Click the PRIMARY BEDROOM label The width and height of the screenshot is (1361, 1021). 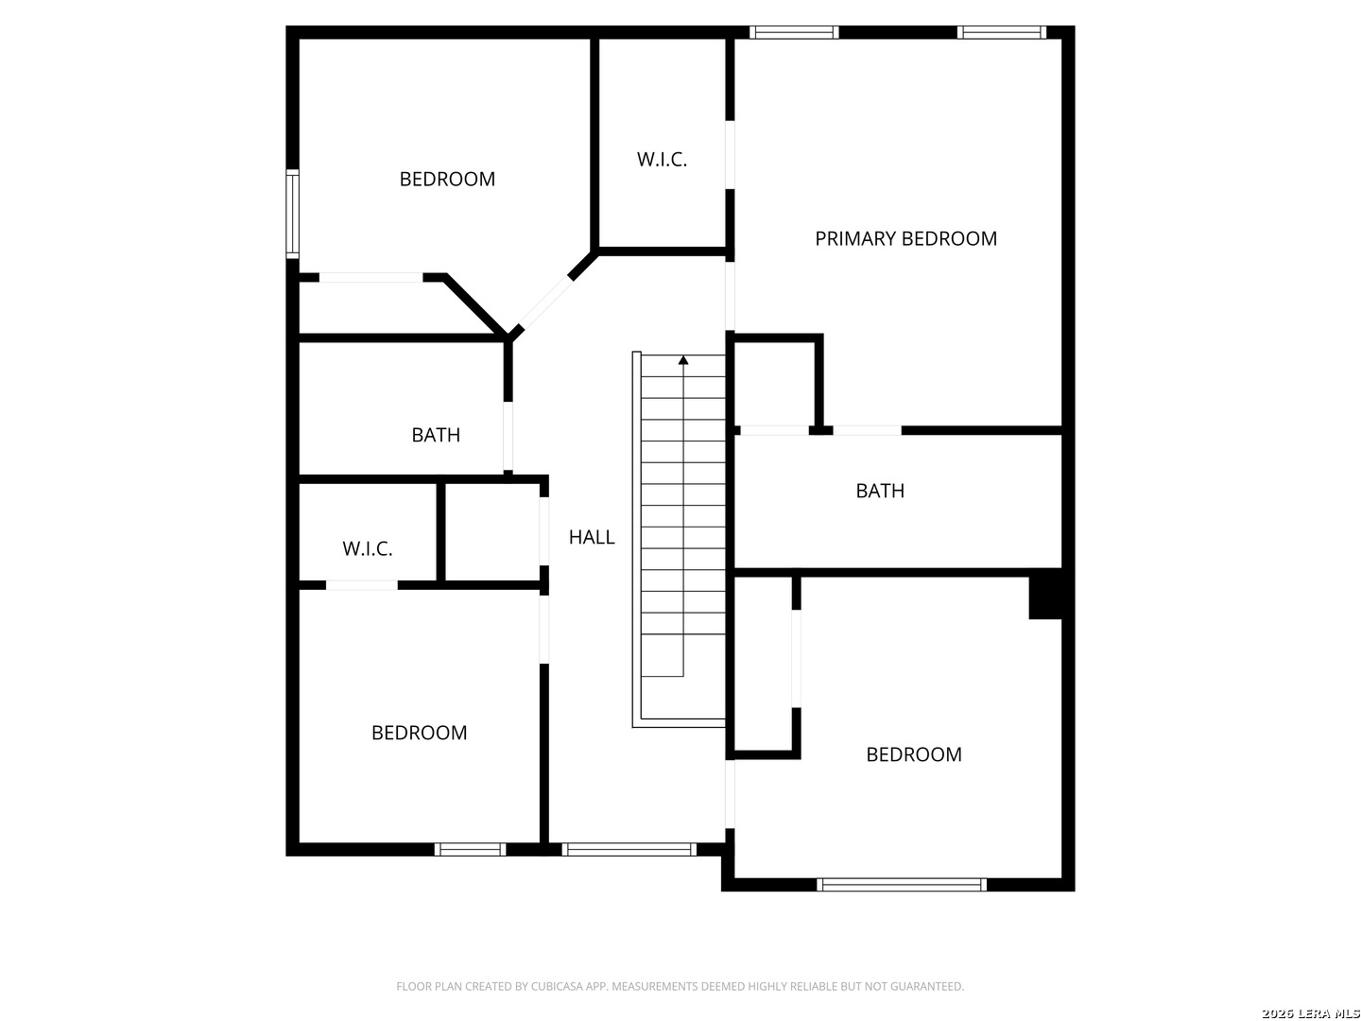905,238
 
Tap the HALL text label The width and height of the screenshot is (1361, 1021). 592,537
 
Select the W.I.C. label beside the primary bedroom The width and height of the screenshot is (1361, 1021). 662,160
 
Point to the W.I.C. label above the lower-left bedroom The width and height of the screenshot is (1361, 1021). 367,548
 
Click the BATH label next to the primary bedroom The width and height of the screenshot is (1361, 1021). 880,491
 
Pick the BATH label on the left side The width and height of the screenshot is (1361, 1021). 436,435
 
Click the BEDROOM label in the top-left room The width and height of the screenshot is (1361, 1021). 447,180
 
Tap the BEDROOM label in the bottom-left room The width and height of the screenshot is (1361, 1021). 419,733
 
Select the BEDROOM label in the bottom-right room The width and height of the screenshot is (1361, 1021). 914,754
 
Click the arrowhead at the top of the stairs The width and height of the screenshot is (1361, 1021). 683,359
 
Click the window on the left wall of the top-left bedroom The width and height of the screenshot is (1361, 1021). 292,214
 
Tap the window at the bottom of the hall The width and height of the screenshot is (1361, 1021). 629,849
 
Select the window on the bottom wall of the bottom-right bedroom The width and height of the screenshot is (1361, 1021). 901,885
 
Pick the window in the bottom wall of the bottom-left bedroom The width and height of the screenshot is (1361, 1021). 470,849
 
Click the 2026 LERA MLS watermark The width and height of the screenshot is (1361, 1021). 1310,1012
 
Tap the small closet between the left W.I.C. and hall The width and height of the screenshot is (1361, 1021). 492,532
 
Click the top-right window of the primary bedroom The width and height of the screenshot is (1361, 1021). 1001,32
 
